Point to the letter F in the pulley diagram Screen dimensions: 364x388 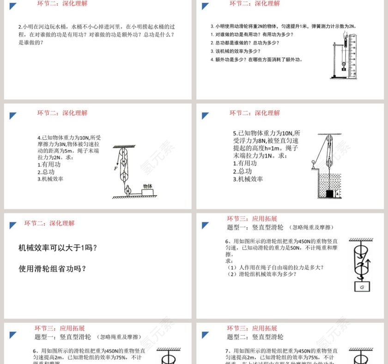(x=116, y=169)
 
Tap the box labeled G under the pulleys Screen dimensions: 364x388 (x=362, y=286)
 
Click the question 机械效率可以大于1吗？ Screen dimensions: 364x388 (x=58, y=248)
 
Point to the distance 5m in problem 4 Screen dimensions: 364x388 (x=69, y=151)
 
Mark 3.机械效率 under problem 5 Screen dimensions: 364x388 (x=248, y=179)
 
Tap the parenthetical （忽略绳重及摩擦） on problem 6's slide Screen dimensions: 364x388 (x=310, y=227)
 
